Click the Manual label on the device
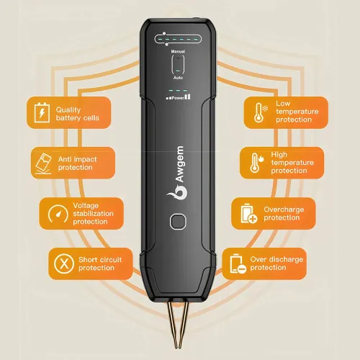pos(179,52)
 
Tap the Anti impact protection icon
pos(43,163)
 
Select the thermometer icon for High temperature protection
pos(255,162)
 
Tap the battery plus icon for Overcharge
pos(246,213)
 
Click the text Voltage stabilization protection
pos(91,214)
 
